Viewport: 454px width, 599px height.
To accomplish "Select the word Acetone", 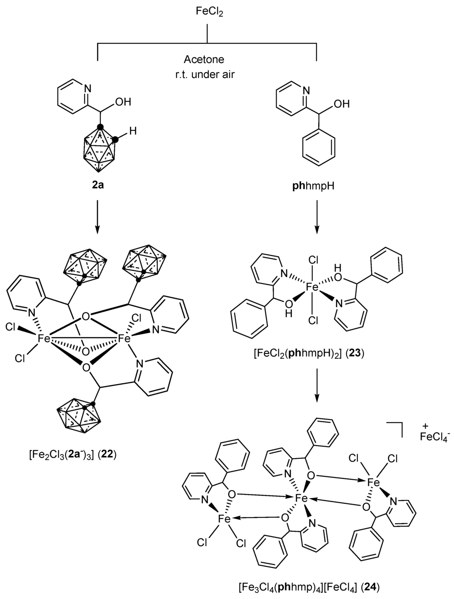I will coord(204,59).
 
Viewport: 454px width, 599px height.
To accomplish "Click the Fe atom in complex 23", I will coord(313,287).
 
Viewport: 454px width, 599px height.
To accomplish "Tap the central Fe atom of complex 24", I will coord(302,499).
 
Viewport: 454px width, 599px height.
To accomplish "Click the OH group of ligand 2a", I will coord(123,102).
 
